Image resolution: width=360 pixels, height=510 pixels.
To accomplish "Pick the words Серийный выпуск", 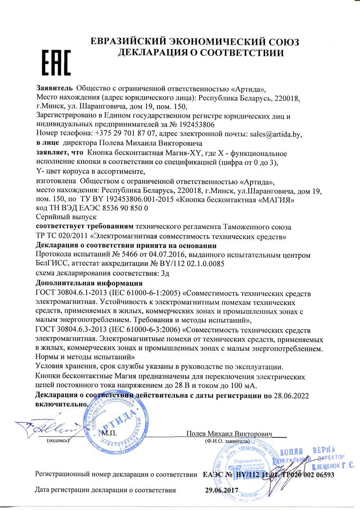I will (x=66, y=218).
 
